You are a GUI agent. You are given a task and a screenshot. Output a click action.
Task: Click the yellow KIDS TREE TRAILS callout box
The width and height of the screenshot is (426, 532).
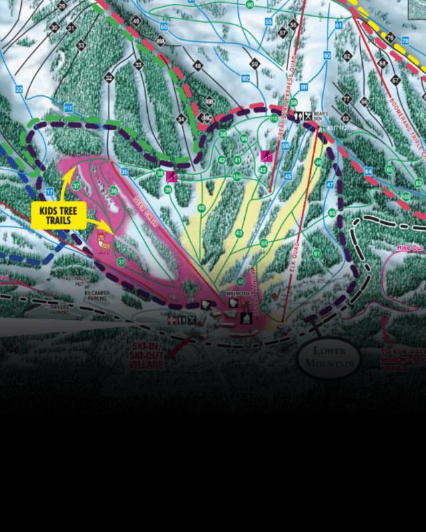tap(58, 215)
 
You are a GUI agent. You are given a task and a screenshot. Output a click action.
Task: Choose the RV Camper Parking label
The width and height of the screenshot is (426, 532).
tap(98, 296)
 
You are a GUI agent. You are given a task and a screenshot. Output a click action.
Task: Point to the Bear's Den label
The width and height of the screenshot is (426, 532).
tap(322, 116)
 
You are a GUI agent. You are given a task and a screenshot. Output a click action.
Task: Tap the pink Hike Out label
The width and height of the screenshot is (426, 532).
tap(410, 248)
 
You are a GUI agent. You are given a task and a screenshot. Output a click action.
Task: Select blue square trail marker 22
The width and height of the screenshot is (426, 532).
tap(19, 89)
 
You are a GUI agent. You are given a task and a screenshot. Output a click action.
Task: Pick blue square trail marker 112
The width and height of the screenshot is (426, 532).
tap(67, 106)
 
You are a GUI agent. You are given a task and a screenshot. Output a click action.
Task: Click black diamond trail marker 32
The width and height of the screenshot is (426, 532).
tap(108, 78)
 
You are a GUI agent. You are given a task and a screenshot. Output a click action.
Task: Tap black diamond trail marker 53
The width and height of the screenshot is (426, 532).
tap(81, 45)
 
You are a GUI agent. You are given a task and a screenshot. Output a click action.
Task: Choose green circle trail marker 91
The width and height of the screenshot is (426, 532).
tap(317, 253)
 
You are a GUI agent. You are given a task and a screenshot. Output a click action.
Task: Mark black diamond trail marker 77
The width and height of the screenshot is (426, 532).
tap(346, 98)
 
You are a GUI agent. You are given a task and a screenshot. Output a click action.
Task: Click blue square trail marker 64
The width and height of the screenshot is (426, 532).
tap(368, 171)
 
